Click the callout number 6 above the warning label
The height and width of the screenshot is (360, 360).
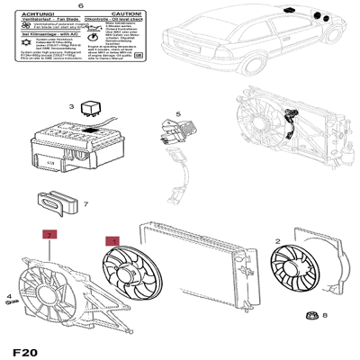pos(80,7)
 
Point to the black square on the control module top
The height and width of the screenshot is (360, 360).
pos(93,131)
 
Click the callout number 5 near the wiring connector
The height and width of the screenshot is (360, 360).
pos(178,113)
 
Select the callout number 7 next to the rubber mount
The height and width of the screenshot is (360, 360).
pos(85,204)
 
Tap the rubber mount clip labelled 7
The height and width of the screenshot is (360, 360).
pos(57,202)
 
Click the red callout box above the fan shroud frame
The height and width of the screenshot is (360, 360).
pos(49,235)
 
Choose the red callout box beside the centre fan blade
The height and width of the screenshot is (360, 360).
pos(112,241)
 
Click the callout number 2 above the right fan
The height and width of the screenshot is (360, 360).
pos(278,240)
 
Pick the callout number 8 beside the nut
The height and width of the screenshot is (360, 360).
pos(326,315)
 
